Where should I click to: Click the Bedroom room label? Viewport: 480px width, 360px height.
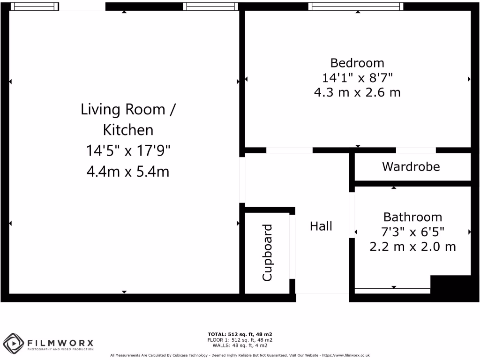(357, 63)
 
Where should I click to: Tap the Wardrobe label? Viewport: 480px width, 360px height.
(411, 166)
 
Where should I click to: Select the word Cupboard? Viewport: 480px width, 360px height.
(267, 253)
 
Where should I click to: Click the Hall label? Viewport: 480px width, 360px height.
(321, 226)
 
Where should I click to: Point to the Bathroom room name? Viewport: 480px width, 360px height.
(412, 217)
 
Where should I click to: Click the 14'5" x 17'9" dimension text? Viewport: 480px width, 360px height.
(127, 151)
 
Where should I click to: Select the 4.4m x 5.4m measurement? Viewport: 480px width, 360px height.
(127, 172)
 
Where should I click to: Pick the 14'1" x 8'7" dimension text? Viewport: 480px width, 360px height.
(357, 77)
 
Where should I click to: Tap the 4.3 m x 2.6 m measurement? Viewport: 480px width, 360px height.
(357, 92)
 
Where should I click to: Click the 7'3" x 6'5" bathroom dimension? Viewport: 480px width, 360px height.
(412, 232)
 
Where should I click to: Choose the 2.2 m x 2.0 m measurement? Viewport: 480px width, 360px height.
(412, 246)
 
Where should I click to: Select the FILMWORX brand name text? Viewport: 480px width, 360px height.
(60, 342)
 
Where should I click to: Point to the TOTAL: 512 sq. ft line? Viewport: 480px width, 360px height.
(240, 334)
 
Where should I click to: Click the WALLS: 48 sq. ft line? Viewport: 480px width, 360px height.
(240, 345)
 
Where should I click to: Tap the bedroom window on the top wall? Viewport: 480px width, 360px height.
(355, 7)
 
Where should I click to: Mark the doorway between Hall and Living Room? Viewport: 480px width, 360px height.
(242, 180)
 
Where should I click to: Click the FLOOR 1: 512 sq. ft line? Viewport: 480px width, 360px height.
(240, 340)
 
